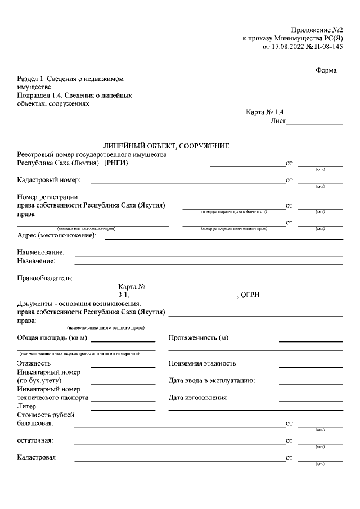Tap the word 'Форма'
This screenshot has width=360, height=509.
[x=326, y=70]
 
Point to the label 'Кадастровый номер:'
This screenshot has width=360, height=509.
[x=49, y=181]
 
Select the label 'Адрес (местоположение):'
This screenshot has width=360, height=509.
[x=57, y=235]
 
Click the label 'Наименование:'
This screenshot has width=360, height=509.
[x=41, y=253]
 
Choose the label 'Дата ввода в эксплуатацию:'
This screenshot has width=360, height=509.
[x=212, y=381]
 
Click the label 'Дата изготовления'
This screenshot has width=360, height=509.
[x=197, y=398]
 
